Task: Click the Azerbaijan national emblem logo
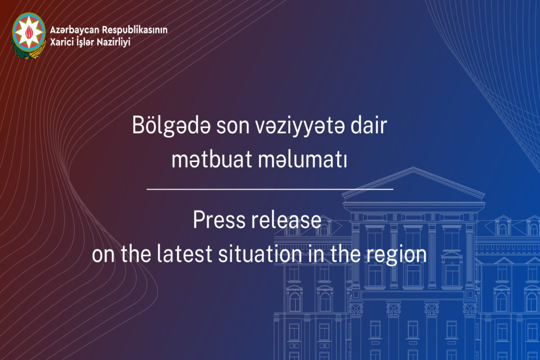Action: click(x=29, y=36)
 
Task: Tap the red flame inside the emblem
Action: click(x=29, y=32)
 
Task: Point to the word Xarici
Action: click(x=62, y=42)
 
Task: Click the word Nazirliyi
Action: click(x=113, y=42)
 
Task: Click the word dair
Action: click(x=369, y=126)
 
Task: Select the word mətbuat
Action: click(x=211, y=159)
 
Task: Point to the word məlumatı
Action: click(x=303, y=159)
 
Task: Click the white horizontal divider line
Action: click(x=270, y=189)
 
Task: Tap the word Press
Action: click(x=219, y=220)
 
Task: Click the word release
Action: click(x=286, y=220)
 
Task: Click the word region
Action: click(x=396, y=256)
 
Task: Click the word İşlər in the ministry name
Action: click(x=85, y=41)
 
